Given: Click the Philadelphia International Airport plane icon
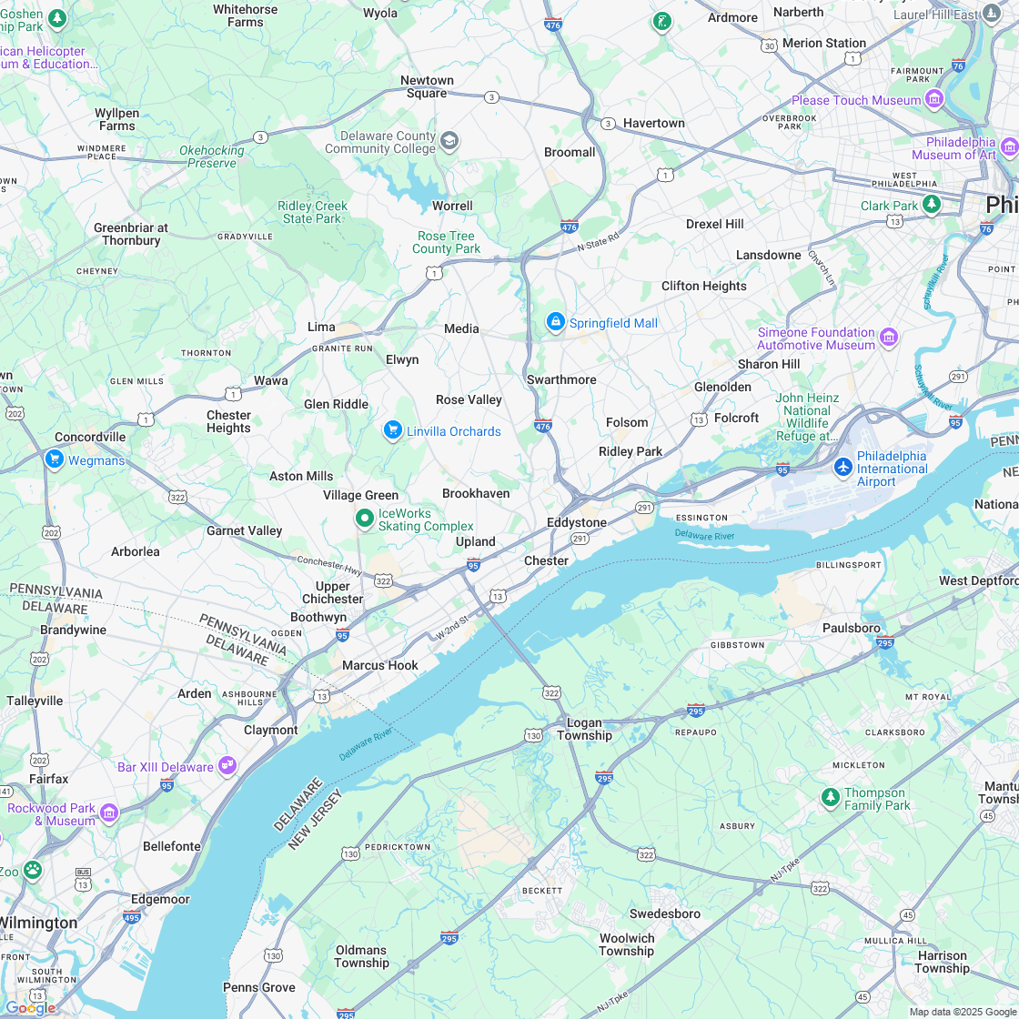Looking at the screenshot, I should tap(843, 467).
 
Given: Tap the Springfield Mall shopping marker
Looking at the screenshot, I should tap(555, 322).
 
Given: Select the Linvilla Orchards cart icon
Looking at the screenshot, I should tap(393, 430).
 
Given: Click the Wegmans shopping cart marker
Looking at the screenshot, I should tap(54, 459).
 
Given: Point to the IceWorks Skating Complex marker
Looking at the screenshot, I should tap(365, 519).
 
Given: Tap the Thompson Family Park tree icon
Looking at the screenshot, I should tap(830, 798).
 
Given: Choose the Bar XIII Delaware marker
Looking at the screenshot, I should tap(227, 766).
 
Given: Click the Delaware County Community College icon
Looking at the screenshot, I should tap(449, 141).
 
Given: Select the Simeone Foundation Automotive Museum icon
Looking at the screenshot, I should tap(889, 338).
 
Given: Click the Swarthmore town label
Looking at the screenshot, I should tap(561, 379).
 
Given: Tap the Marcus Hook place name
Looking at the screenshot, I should tap(380, 665).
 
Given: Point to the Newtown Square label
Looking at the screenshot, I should tap(427, 86).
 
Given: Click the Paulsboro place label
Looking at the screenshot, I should tap(852, 628).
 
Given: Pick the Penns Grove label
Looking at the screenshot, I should tap(259, 987).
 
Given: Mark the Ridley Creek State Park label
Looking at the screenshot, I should tap(312, 212).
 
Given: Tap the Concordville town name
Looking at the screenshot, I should tap(90, 437).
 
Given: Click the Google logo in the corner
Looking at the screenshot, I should tap(29, 1007).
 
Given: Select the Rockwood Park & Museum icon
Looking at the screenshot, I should tap(109, 812).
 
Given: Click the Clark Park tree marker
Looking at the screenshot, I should tap(931, 205).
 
